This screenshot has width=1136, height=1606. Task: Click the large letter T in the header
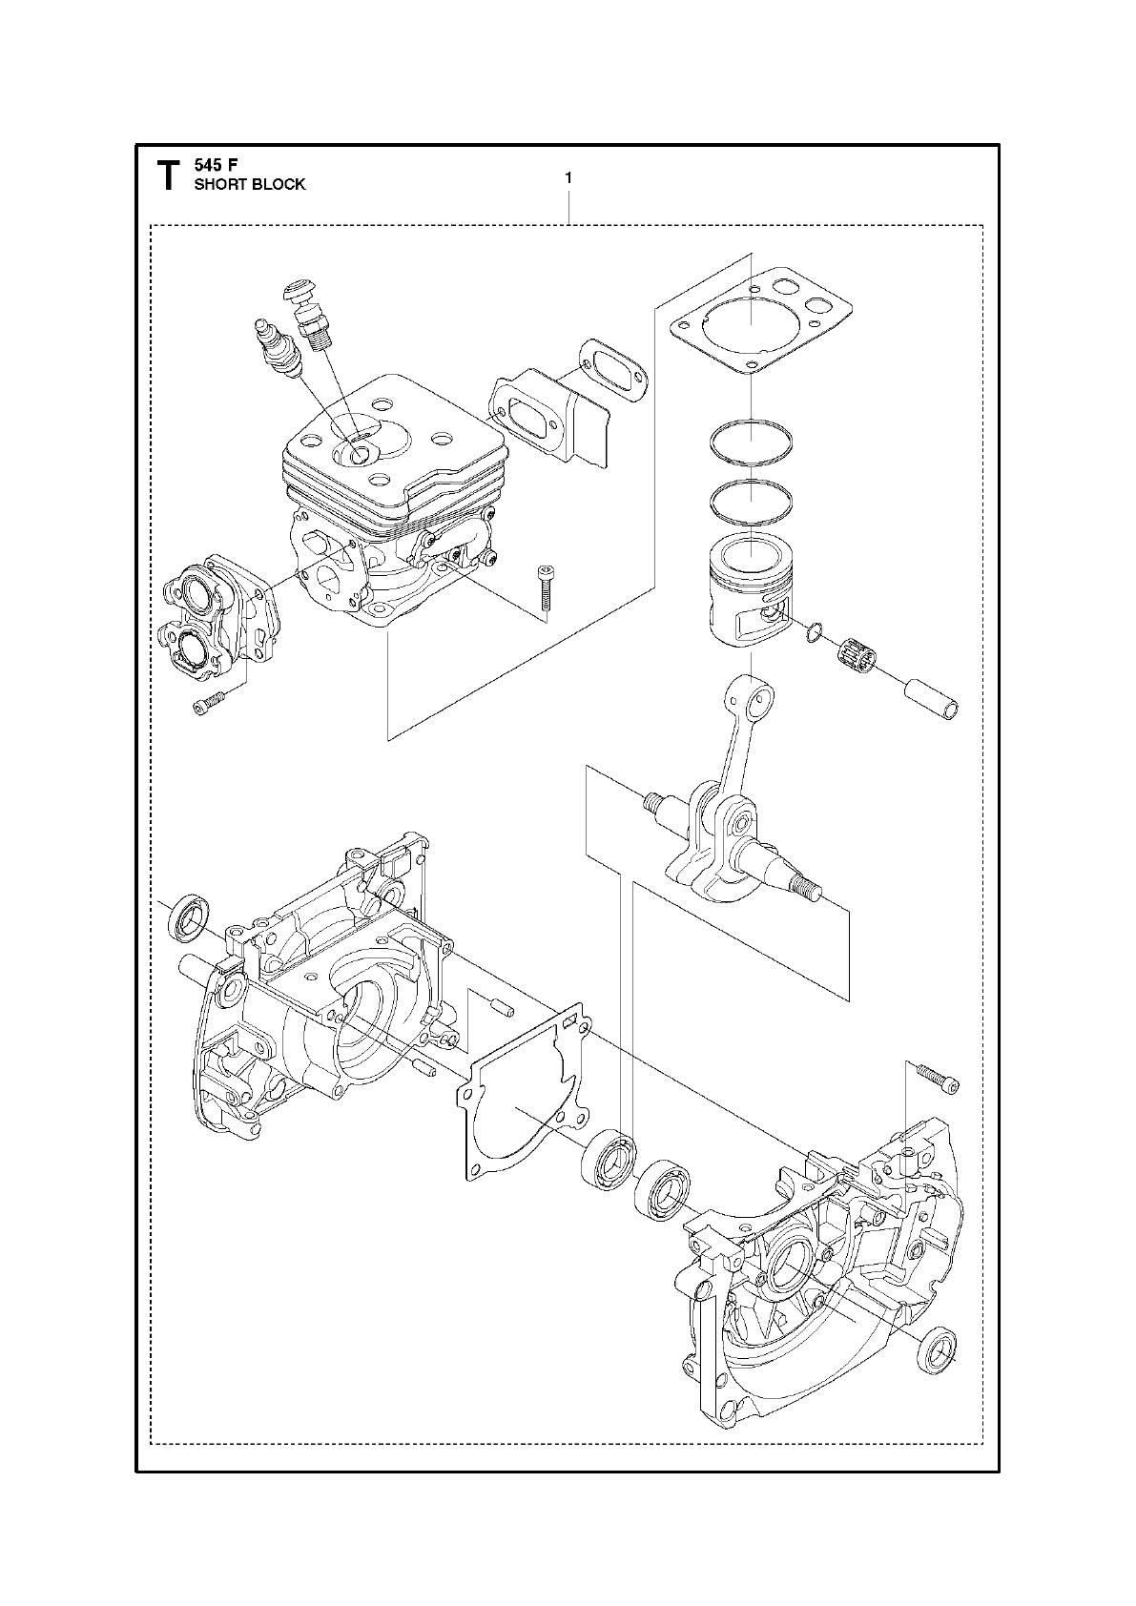click(167, 175)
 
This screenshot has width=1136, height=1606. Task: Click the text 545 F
click(217, 164)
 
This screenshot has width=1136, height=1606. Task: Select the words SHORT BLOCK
click(250, 185)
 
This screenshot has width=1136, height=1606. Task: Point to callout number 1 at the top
click(568, 177)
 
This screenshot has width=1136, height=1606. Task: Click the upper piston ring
click(751, 443)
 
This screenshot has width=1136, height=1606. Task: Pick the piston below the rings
click(748, 591)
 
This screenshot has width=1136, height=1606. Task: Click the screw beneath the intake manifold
click(210, 704)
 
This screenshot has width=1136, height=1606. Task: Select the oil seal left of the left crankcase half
click(188, 916)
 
